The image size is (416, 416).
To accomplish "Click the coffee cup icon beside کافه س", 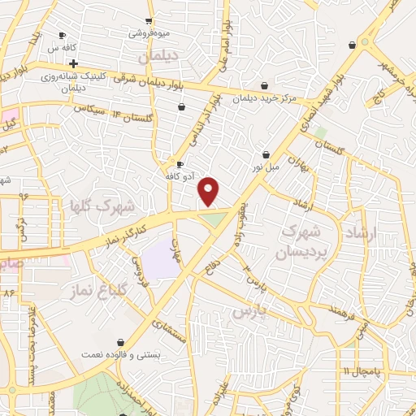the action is point(63,35).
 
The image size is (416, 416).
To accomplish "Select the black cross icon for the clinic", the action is point(73,63).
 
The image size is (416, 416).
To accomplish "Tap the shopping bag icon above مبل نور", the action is point(266,154).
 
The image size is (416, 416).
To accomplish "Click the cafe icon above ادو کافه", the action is point(180,163).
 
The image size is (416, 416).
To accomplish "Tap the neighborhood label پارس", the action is point(249,310).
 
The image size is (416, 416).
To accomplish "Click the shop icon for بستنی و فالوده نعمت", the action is point(121,343).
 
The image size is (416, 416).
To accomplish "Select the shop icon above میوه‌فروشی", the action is point(149,21).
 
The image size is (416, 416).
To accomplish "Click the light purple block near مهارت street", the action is point(160,261).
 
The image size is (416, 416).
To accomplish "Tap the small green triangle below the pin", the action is point(212,219).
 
